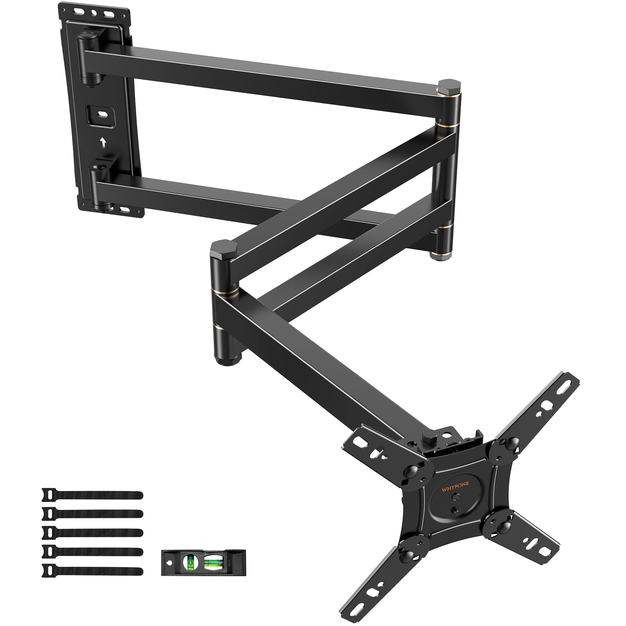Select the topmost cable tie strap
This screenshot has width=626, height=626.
(x=92, y=495)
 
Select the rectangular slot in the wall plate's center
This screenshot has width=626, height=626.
(x=102, y=115)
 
